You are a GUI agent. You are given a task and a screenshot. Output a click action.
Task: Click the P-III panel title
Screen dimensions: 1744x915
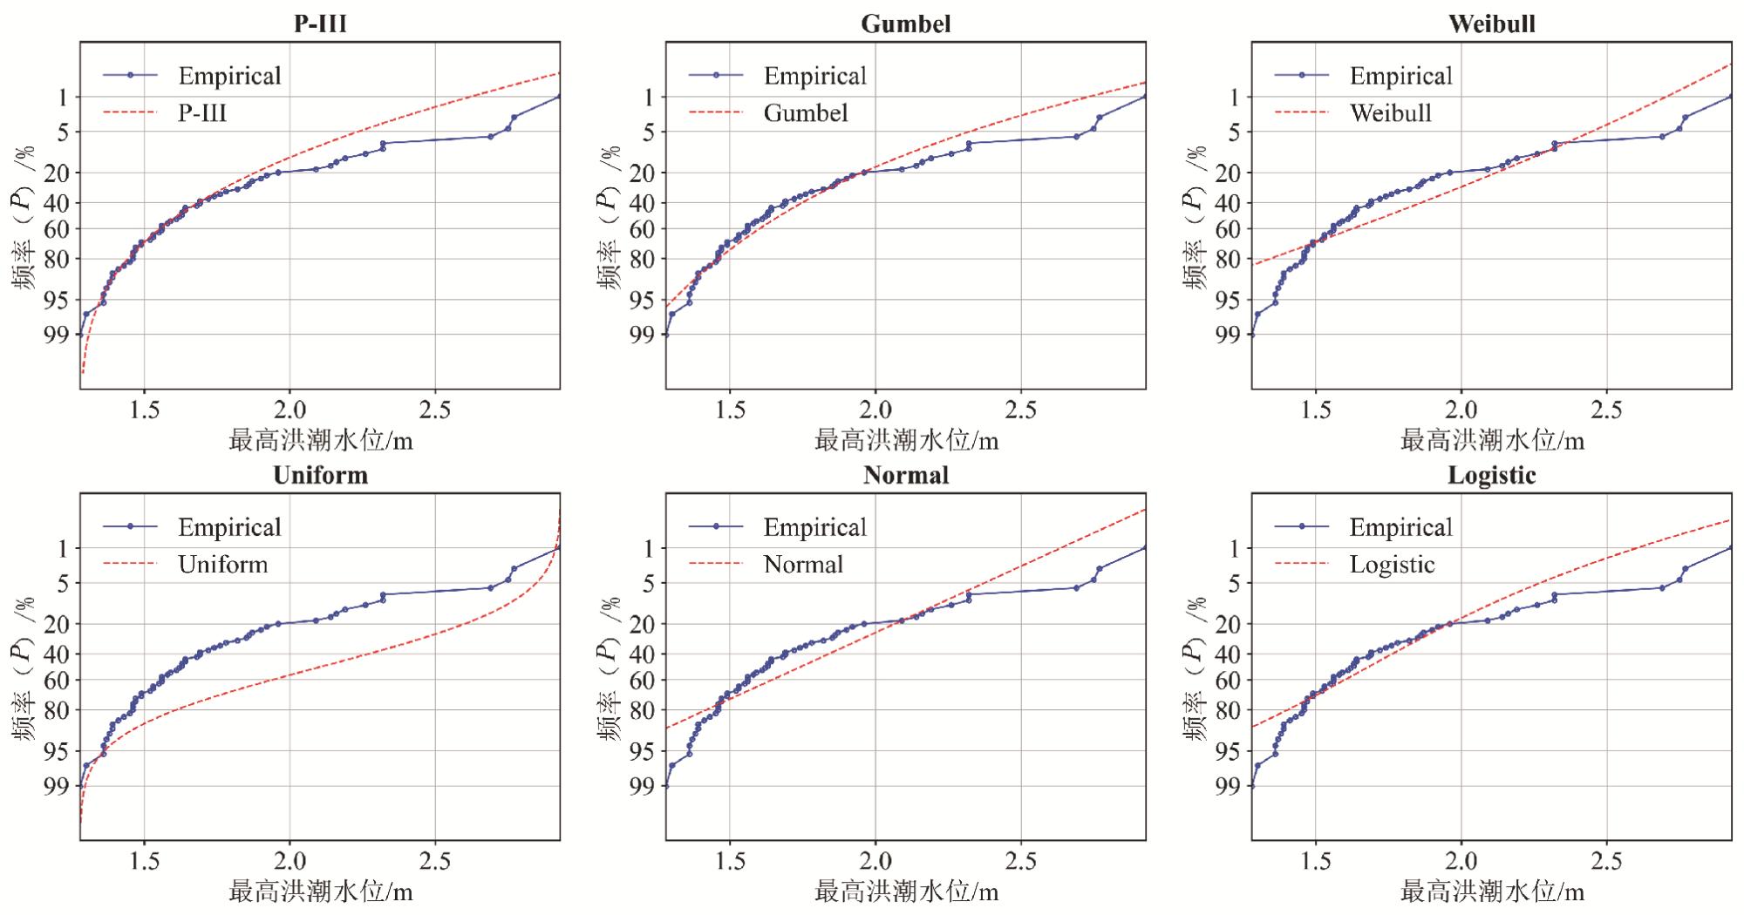(x=320, y=24)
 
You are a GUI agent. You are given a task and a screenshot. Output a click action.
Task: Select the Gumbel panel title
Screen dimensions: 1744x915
(x=906, y=24)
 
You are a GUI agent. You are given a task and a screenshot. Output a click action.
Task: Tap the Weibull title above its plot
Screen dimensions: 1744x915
(x=1492, y=24)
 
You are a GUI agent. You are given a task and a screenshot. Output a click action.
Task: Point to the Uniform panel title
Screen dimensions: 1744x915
(x=320, y=475)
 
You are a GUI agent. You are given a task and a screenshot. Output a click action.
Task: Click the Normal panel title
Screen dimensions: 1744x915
(x=906, y=475)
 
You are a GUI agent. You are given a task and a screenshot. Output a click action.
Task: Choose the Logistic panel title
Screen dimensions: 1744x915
(x=1492, y=475)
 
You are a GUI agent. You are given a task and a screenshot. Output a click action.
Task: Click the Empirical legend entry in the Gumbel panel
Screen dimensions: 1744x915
(x=814, y=76)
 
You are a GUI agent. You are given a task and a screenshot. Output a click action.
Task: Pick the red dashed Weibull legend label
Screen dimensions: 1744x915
(x=1391, y=112)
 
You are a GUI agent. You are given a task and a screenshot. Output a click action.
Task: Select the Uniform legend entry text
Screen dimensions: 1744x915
(x=223, y=564)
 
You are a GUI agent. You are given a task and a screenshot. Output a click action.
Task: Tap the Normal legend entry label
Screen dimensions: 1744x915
(x=803, y=564)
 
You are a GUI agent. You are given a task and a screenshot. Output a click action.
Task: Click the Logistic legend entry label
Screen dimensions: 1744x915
(x=1392, y=565)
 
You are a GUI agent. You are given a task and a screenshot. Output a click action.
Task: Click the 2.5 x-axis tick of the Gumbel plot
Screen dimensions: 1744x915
(x=1021, y=410)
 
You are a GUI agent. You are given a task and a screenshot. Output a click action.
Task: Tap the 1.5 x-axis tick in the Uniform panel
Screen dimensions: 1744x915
(x=144, y=862)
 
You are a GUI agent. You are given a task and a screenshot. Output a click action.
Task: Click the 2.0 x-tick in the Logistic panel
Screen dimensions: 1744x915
(x=1461, y=862)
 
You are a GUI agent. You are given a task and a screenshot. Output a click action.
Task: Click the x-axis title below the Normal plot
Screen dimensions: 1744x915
(x=907, y=892)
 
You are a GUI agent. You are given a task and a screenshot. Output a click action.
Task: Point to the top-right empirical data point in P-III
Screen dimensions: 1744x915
(x=559, y=97)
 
